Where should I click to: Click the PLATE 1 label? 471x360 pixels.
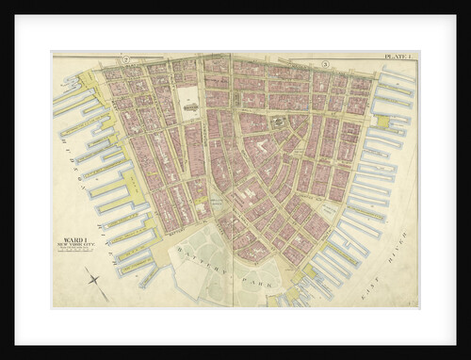(x=399, y=58)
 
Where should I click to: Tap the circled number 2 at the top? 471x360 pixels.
(x=124, y=62)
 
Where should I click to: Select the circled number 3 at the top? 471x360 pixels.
(x=323, y=64)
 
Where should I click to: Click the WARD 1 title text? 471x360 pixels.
(x=72, y=240)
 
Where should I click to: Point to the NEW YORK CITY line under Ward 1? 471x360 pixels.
(x=72, y=247)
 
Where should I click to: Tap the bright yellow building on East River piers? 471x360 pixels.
(x=384, y=122)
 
